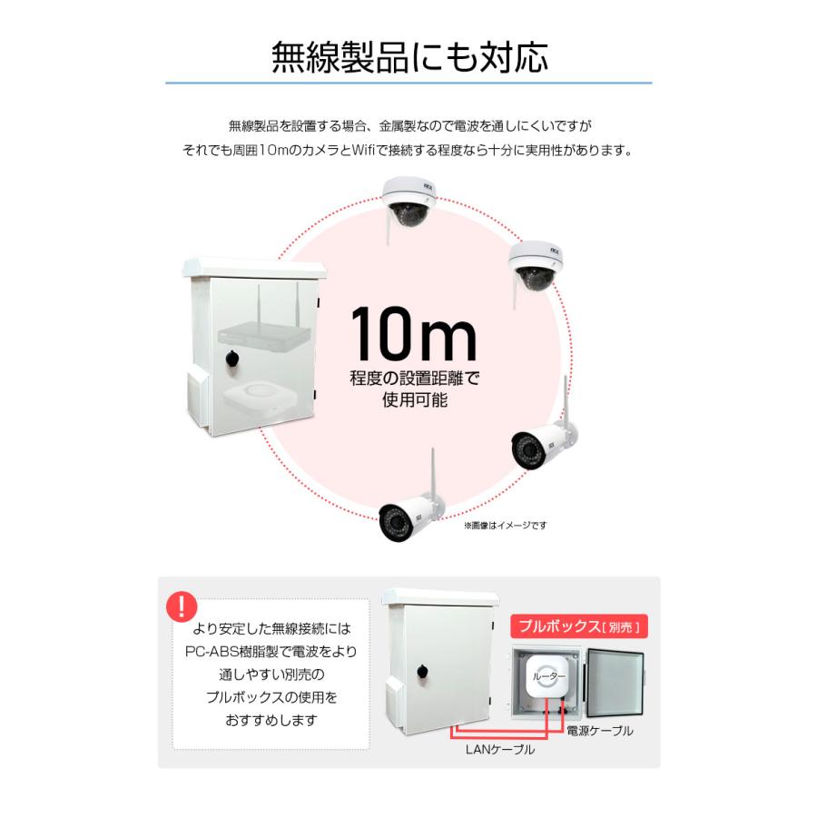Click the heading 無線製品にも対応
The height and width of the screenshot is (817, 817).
(x=409, y=56)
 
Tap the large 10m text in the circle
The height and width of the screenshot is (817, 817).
(x=413, y=335)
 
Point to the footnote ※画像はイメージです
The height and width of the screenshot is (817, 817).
(x=506, y=525)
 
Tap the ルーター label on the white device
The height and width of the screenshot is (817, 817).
(x=546, y=677)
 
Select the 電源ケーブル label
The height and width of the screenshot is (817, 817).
(x=599, y=730)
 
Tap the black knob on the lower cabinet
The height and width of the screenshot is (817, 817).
(x=422, y=673)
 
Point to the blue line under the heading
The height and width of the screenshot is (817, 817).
(x=408, y=84)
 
